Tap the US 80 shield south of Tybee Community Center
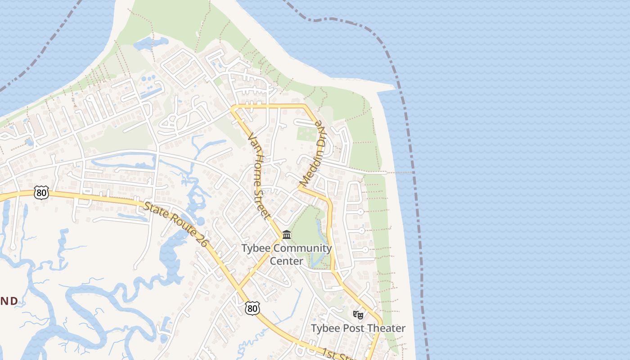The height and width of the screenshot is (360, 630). point(252,308)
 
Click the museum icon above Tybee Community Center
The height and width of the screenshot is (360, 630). point(287,234)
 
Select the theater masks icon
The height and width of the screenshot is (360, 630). point(358,315)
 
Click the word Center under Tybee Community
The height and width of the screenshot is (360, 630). point(286,261)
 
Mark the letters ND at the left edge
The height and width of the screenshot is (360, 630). point(9,301)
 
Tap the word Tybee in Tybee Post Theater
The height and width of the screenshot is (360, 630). point(326,328)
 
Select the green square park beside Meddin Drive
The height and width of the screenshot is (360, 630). point(307,134)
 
